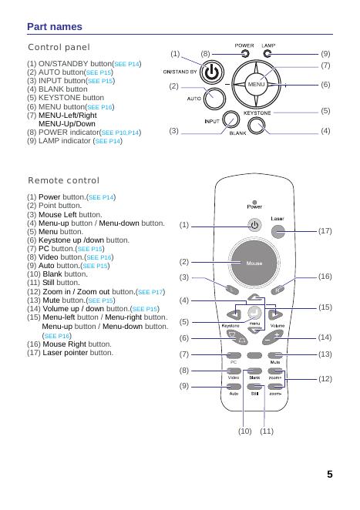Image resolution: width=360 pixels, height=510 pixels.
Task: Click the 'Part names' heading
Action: pyautogui.click(x=55, y=27)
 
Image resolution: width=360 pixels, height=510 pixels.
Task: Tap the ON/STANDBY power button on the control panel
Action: pyautogui.click(x=211, y=72)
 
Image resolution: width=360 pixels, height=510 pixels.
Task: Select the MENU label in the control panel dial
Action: pyautogui.click(x=256, y=84)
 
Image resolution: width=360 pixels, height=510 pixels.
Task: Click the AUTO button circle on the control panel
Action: pyautogui.click(x=214, y=98)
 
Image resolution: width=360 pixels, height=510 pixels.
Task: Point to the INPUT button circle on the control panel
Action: pyautogui.click(x=231, y=121)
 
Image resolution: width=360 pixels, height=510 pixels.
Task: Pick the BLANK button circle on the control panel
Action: pyautogui.click(x=257, y=126)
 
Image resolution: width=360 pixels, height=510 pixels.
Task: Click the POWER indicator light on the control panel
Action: pyautogui.click(x=245, y=54)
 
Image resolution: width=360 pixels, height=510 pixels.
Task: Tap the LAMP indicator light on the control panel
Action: pyautogui.click(x=267, y=54)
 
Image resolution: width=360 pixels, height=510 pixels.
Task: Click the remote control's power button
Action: pyautogui.click(x=254, y=225)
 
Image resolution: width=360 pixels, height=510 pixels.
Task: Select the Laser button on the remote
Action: pyautogui.click(x=278, y=232)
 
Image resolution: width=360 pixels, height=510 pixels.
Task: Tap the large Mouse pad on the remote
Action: pyautogui.click(x=254, y=263)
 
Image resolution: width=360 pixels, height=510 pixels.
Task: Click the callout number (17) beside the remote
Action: pyautogui.click(x=325, y=231)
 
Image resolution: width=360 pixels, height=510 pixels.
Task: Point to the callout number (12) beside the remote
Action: pyautogui.click(x=325, y=379)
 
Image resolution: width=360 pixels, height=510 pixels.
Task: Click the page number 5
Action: pyautogui.click(x=330, y=475)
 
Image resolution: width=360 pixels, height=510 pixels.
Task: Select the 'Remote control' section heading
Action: pyautogui.click(x=63, y=180)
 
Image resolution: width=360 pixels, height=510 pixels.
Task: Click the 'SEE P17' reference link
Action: pyautogui.click(x=150, y=292)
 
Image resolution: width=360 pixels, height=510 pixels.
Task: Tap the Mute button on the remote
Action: pyautogui.click(x=275, y=355)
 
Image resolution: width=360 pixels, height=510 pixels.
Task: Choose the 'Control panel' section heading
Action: pyautogui.click(x=59, y=47)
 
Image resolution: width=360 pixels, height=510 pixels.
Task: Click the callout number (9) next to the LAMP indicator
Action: pyautogui.click(x=325, y=54)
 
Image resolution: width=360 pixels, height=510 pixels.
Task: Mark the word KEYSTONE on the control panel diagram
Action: pyautogui.click(x=257, y=113)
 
